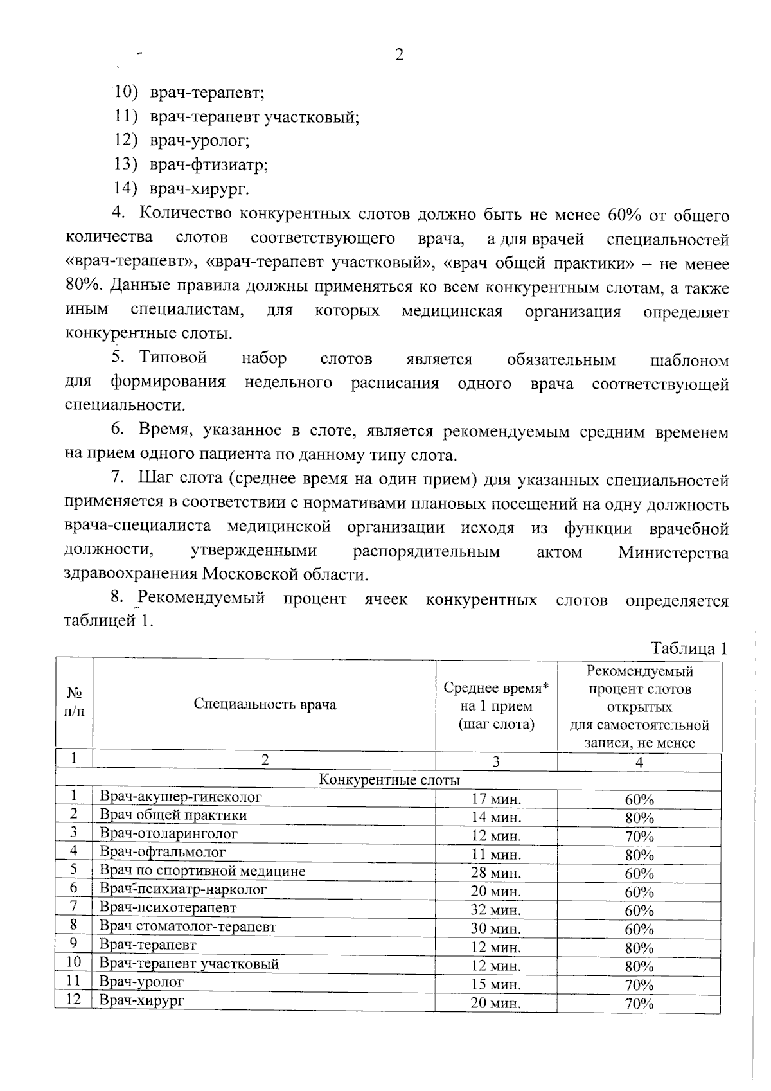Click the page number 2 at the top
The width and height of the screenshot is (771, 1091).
tap(398, 55)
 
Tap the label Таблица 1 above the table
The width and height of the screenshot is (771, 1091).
tap(689, 648)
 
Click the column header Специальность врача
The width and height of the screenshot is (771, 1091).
tap(265, 704)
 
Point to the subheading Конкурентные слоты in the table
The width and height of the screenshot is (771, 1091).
tap(389, 780)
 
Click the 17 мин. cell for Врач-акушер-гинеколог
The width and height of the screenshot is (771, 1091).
tap(496, 799)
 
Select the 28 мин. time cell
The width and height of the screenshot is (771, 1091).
tap(496, 873)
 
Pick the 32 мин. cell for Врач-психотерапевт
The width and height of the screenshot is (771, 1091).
tap(496, 910)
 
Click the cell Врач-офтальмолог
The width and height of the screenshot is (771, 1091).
tap(163, 852)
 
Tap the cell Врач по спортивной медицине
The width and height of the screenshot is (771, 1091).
tap(202, 871)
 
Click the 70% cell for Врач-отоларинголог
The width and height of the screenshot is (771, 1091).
tap(639, 837)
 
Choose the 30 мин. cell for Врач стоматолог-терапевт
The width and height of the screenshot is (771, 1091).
tap(496, 928)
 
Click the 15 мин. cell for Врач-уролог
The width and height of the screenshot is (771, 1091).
tap(496, 984)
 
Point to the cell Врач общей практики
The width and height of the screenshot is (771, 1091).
tap(173, 815)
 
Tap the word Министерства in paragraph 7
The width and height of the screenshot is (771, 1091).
tap(673, 553)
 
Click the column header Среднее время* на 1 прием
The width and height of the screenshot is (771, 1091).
tap(496, 705)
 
